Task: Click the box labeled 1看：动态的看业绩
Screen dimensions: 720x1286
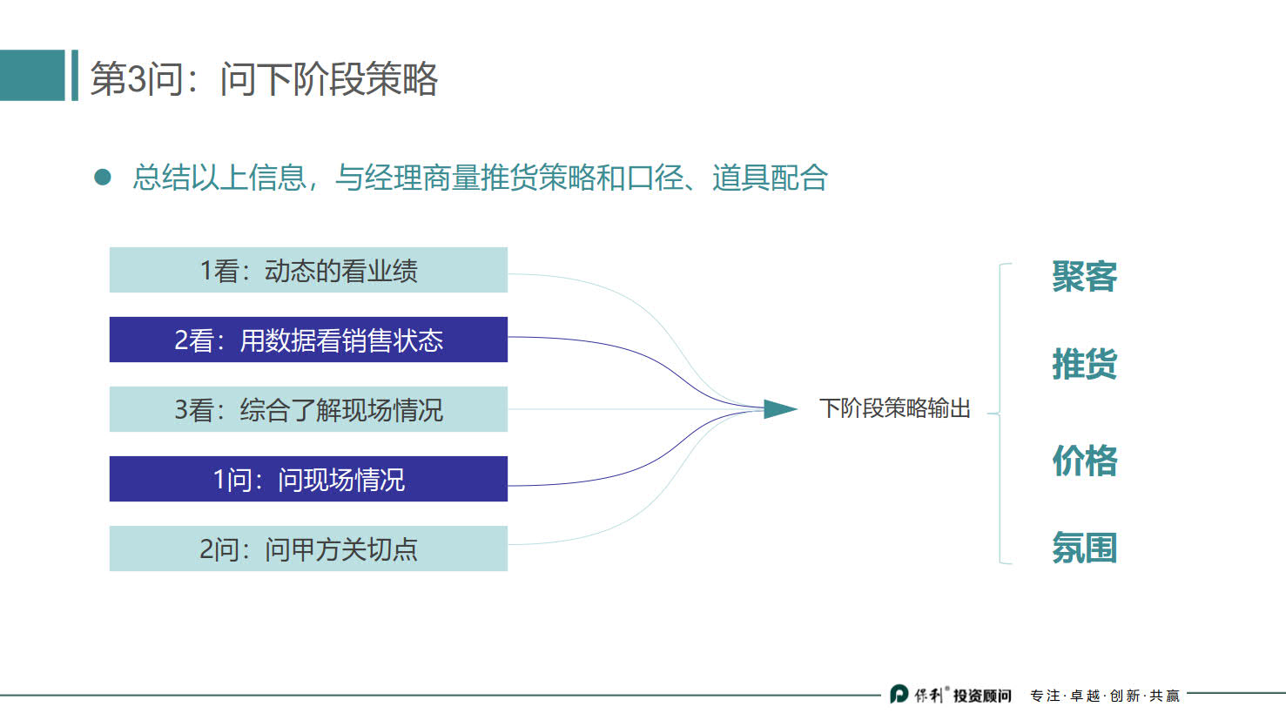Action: pyautogui.click(x=308, y=270)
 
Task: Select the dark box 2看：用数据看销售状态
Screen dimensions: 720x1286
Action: pyautogui.click(x=308, y=340)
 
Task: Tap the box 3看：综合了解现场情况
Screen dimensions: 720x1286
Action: pyautogui.click(x=308, y=409)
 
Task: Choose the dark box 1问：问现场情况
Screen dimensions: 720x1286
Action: pyautogui.click(x=308, y=479)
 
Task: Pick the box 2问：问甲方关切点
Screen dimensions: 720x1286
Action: pyautogui.click(x=308, y=548)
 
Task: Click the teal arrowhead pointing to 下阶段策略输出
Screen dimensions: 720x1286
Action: pyautogui.click(x=779, y=408)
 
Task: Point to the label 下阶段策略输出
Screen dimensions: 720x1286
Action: pyautogui.click(x=894, y=408)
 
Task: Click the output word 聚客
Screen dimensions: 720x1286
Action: pyautogui.click(x=1084, y=277)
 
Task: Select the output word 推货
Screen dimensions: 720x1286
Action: pyautogui.click(x=1084, y=364)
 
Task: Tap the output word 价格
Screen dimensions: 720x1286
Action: pyautogui.click(x=1084, y=461)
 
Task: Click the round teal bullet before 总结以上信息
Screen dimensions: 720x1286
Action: pyautogui.click(x=103, y=178)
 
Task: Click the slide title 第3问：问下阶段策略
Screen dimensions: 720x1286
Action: pyautogui.click(x=264, y=78)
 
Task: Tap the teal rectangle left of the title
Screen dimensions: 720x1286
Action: pyautogui.click(x=32, y=76)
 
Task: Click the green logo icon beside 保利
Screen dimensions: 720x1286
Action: pyautogui.click(x=899, y=694)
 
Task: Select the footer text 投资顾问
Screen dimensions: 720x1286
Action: pyautogui.click(x=982, y=696)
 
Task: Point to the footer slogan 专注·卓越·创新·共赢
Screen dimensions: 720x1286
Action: pyautogui.click(x=1104, y=696)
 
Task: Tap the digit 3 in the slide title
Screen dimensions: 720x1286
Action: pyautogui.click(x=137, y=79)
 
